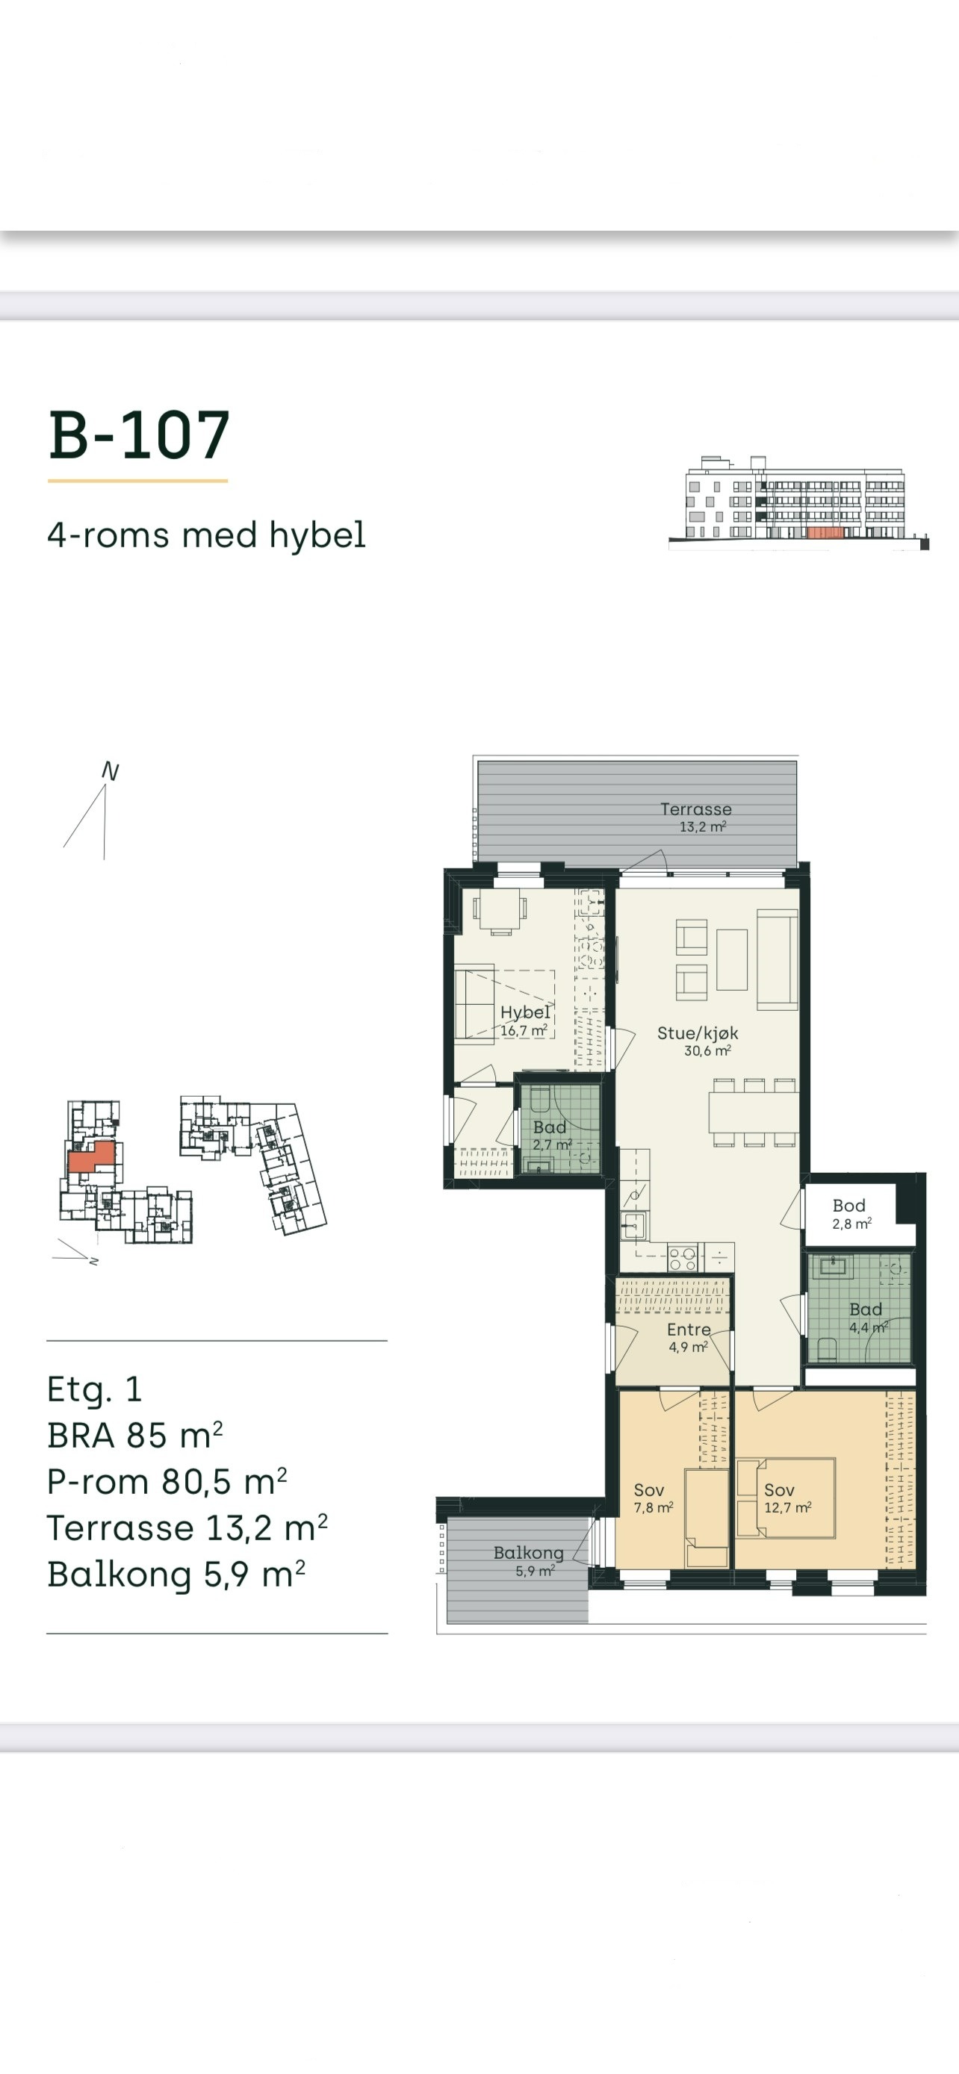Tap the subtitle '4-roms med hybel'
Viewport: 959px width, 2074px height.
pos(206,535)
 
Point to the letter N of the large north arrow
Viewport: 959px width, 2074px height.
pos(111,771)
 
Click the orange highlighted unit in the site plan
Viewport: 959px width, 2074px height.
pos(92,1158)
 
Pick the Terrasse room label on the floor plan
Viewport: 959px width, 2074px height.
pos(695,809)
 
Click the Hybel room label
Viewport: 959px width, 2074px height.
pos(525,1012)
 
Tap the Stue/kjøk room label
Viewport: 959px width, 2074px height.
pos(698,1033)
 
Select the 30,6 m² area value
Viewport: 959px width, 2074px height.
pos(708,1050)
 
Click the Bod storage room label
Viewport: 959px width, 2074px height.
pos(848,1205)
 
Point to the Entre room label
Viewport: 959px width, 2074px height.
pos(689,1329)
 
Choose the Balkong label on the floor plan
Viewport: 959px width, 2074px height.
pos(528,1553)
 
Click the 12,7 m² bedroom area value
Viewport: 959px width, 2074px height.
pos(787,1507)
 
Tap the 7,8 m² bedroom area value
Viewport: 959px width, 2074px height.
pos(653,1507)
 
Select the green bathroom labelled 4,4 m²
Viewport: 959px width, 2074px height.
pos(860,1307)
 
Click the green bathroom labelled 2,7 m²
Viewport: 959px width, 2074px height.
pos(559,1128)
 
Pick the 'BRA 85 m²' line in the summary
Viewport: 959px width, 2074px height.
pos(134,1436)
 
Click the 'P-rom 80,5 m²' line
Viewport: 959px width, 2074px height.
pos(167,1481)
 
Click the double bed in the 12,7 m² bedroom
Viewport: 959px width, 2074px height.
pos(786,1498)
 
